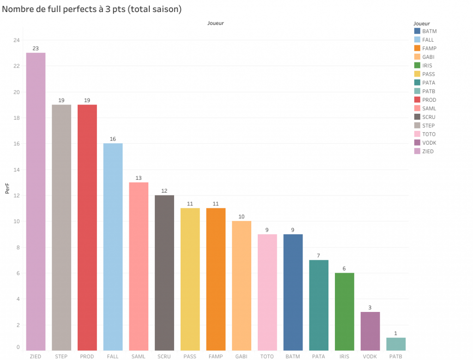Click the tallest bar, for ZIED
(36, 201)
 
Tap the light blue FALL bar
(113, 247)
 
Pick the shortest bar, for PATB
(396, 344)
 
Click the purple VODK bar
(370, 331)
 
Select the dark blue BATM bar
(293, 292)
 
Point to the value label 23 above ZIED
(36, 48)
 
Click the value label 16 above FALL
(113, 139)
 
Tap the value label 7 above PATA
(319, 255)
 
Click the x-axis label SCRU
(164, 356)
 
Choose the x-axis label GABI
(241, 356)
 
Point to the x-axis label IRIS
(344, 356)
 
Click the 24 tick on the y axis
(17, 40)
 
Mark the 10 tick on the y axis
(17, 221)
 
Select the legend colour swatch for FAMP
(417, 49)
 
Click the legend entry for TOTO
(429, 134)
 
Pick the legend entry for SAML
(429, 109)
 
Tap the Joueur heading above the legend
(422, 23)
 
